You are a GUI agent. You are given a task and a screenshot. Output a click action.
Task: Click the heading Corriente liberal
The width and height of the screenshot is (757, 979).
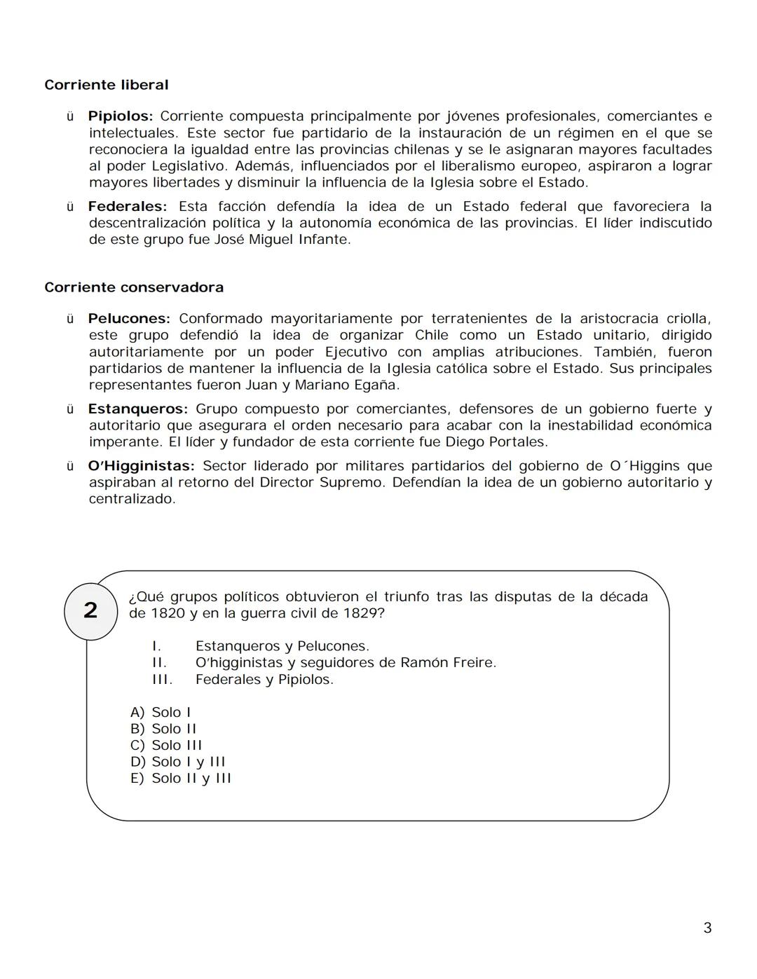point(107,85)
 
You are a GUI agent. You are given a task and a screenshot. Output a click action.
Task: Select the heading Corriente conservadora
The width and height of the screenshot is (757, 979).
point(134,287)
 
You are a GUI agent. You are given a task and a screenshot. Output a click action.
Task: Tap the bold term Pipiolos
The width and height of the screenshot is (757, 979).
point(120,116)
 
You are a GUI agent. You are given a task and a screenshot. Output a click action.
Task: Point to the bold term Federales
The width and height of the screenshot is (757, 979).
point(127,207)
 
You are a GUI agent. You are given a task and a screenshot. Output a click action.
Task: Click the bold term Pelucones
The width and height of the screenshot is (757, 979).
point(128,319)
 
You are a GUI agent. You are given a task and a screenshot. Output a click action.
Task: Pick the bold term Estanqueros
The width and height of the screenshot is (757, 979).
point(137,409)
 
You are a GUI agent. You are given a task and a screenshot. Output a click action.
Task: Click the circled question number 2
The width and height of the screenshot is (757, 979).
point(90,610)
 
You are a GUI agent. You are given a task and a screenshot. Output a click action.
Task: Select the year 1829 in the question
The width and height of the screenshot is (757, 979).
point(363,614)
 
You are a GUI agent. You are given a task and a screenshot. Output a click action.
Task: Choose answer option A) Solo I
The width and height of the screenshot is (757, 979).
point(161,713)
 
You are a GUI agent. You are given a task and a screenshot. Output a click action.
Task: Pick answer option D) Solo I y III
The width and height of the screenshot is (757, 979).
point(178,762)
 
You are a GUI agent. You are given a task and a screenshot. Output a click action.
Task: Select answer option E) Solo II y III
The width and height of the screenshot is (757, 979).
point(181,779)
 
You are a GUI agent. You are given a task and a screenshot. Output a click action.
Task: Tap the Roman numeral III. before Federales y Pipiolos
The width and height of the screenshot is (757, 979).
point(162,680)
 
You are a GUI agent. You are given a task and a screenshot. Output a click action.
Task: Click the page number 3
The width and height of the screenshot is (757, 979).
point(707,929)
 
